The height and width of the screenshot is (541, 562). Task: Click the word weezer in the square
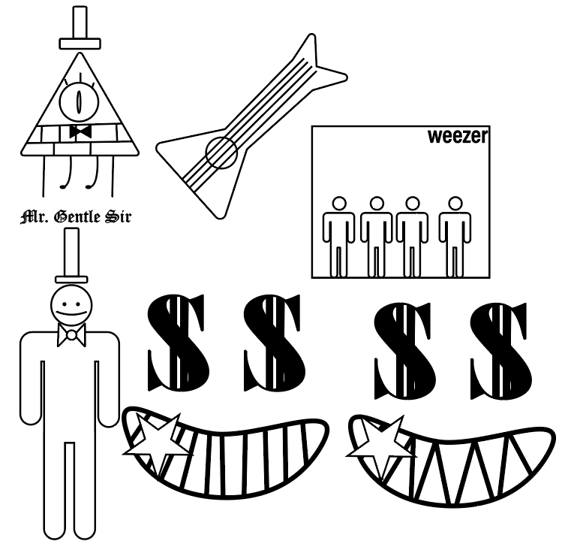click(x=458, y=136)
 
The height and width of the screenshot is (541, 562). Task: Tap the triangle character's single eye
click(x=79, y=101)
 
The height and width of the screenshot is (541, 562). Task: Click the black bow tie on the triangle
click(x=80, y=131)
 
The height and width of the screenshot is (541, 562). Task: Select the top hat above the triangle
click(x=80, y=28)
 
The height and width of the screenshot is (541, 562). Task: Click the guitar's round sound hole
click(x=221, y=153)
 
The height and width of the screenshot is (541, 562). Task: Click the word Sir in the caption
click(x=118, y=217)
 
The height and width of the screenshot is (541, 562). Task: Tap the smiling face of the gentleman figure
click(x=71, y=306)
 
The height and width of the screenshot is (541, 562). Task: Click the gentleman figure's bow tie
click(x=71, y=335)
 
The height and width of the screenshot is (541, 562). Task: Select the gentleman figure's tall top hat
click(x=71, y=255)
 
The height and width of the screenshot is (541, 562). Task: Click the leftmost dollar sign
click(x=176, y=343)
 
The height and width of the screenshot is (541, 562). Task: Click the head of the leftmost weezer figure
click(x=339, y=203)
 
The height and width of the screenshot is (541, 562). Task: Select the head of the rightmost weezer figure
click(x=455, y=203)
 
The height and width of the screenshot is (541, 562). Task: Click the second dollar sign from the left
click(x=272, y=343)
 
